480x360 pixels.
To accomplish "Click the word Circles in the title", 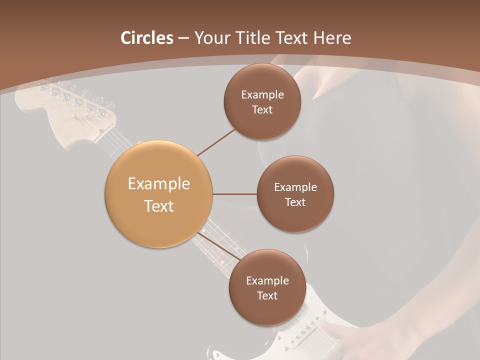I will (x=146, y=38).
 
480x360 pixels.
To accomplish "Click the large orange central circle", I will (x=158, y=194).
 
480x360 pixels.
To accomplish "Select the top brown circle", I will (x=262, y=101).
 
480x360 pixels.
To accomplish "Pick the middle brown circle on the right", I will (x=295, y=194).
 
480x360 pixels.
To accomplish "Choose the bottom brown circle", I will (x=267, y=287).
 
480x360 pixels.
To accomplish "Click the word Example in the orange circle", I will (x=158, y=184).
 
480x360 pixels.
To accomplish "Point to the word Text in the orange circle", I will (x=158, y=206).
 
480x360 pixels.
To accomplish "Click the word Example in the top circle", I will (x=262, y=95).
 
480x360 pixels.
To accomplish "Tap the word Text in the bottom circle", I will (x=267, y=295).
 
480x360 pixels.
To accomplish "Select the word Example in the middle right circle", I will (x=295, y=187).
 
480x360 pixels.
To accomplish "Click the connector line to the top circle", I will (x=216, y=142).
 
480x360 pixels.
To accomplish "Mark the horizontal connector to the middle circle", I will (x=234, y=194).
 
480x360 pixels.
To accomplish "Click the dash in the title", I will (x=183, y=38).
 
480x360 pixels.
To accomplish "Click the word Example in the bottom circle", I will (x=267, y=281).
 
